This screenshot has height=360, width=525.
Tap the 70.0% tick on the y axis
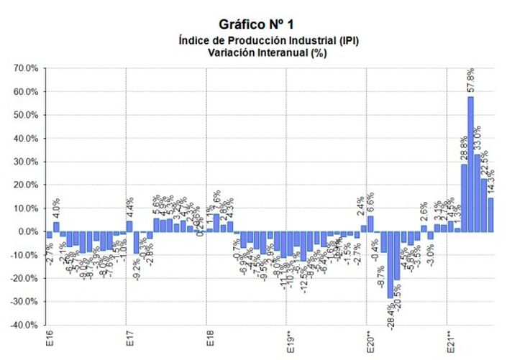pyautogui.click(x=27, y=68)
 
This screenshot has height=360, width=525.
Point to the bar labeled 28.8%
pyautogui.click(x=464, y=198)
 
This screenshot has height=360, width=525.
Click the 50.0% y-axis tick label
pyautogui.click(x=27, y=115)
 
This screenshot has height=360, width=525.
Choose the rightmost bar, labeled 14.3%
pyautogui.click(x=490, y=215)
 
